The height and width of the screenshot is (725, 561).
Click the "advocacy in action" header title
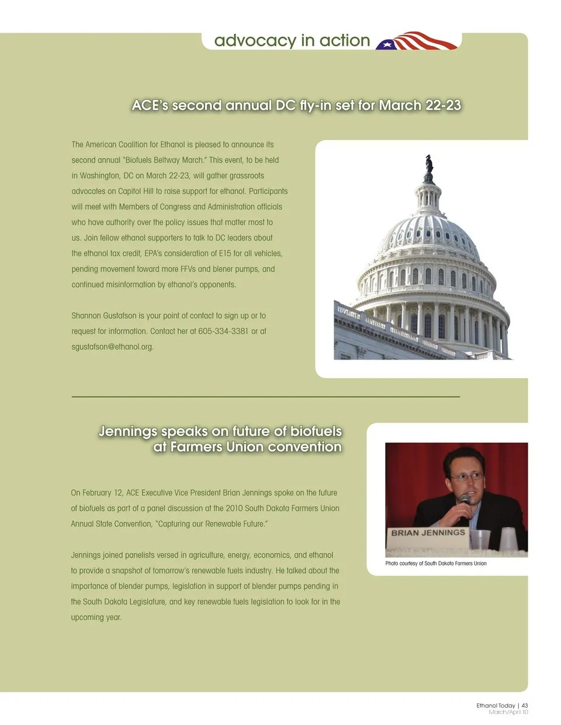[292, 40]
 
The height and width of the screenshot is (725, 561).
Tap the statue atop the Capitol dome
[430, 164]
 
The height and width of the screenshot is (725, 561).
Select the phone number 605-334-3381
[223, 331]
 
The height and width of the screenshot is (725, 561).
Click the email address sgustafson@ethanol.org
[112, 347]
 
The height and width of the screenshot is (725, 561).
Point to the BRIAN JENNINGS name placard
[428, 533]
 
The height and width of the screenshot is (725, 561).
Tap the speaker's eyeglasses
[466, 476]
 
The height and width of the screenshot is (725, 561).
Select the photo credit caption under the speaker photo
[436, 563]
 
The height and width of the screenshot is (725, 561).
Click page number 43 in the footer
[525, 706]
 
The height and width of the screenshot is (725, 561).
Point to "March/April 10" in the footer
[508, 712]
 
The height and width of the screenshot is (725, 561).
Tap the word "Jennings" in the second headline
[128, 431]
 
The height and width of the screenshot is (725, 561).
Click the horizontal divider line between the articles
[265, 397]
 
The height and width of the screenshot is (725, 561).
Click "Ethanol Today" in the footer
[496, 706]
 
